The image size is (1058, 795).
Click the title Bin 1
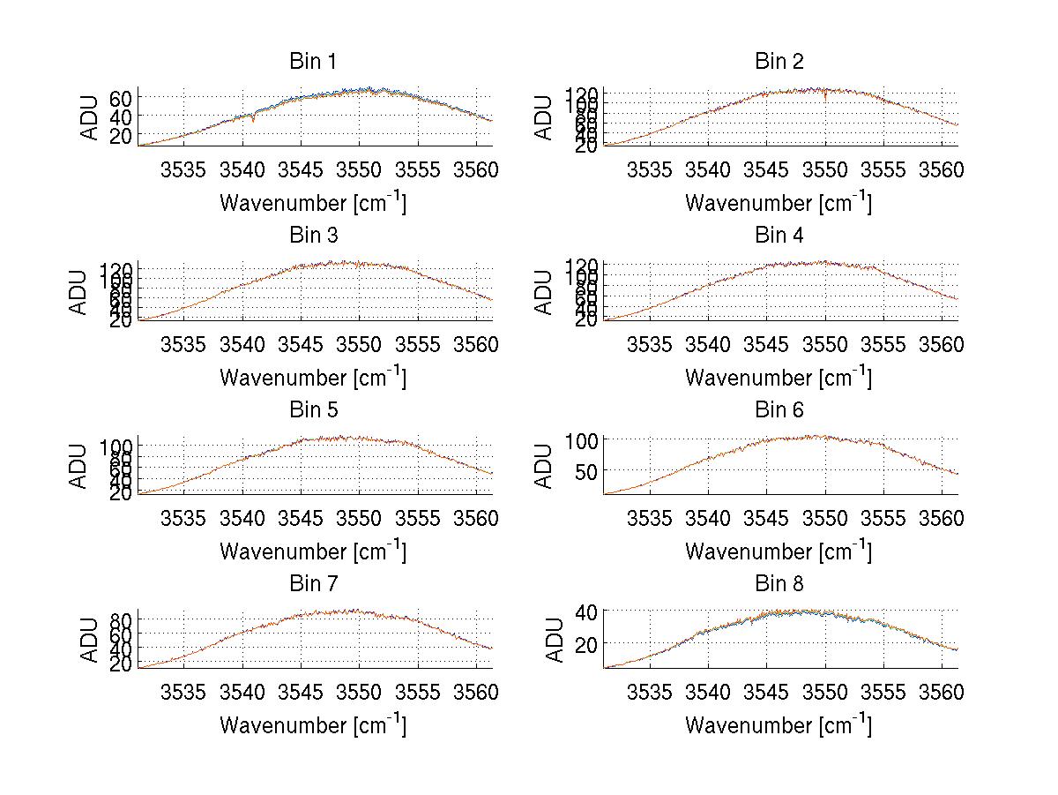click(x=313, y=62)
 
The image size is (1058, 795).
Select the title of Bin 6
click(x=779, y=409)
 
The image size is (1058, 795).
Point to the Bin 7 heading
click(x=313, y=583)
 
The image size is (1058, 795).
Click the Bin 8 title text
click(x=779, y=583)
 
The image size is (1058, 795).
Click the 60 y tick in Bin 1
click(x=121, y=97)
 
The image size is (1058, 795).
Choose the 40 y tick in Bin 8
click(x=586, y=611)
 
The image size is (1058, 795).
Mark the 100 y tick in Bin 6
click(x=581, y=439)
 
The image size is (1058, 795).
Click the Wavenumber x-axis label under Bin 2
click(x=779, y=202)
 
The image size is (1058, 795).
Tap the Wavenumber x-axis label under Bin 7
click(x=313, y=724)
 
